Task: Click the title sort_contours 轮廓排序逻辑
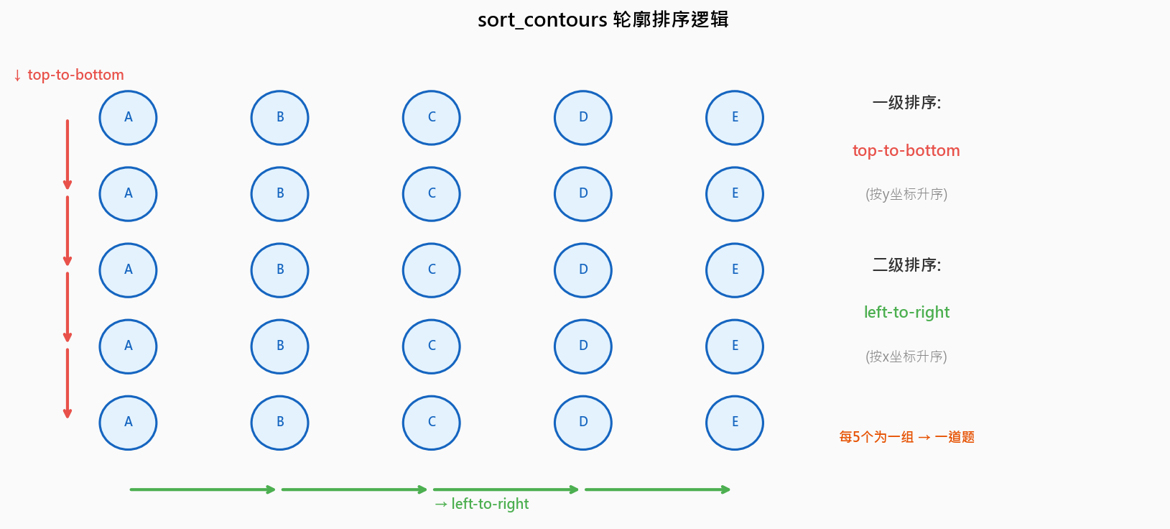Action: click(x=603, y=19)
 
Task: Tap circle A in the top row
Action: click(x=128, y=118)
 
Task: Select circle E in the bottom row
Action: click(x=734, y=423)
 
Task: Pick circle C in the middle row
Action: click(x=431, y=270)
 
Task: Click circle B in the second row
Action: click(x=279, y=194)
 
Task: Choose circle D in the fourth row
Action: click(x=582, y=346)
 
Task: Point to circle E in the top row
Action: click(x=734, y=118)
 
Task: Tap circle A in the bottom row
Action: click(x=128, y=423)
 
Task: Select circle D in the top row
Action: click(x=582, y=118)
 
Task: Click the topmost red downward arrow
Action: click(x=68, y=154)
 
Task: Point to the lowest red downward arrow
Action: click(x=68, y=382)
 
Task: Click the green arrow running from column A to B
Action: click(x=203, y=489)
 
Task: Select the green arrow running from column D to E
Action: click(x=657, y=489)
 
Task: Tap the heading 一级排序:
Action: click(x=906, y=103)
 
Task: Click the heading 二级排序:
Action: click(x=906, y=265)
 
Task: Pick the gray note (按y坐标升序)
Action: click(x=906, y=194)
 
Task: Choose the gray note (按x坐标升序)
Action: click(x=906, y=356)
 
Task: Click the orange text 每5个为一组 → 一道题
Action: click(x=906, y=437)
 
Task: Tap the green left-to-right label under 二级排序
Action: click(x=906, y=312)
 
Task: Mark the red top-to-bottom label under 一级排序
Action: click(x=906, y=150)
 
